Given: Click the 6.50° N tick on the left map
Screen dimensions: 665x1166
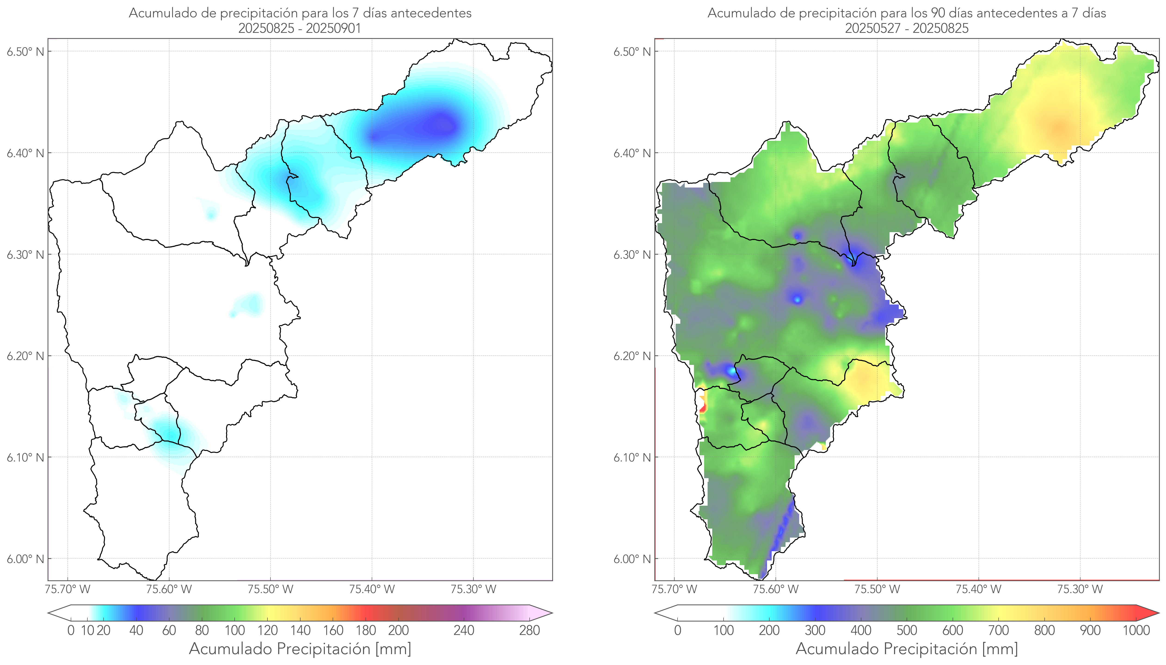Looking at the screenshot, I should [26, 51].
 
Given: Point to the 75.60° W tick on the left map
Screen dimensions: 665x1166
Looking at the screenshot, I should [169, 589].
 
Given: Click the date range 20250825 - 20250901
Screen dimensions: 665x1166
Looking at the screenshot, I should [300, 28].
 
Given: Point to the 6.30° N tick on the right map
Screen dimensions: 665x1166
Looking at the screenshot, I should [632, 254].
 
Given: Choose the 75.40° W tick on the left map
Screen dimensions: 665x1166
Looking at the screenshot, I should [372, 589].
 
